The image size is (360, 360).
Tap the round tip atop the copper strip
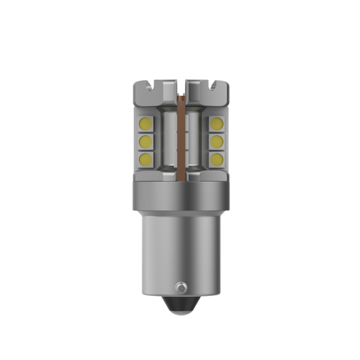point(180,93)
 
